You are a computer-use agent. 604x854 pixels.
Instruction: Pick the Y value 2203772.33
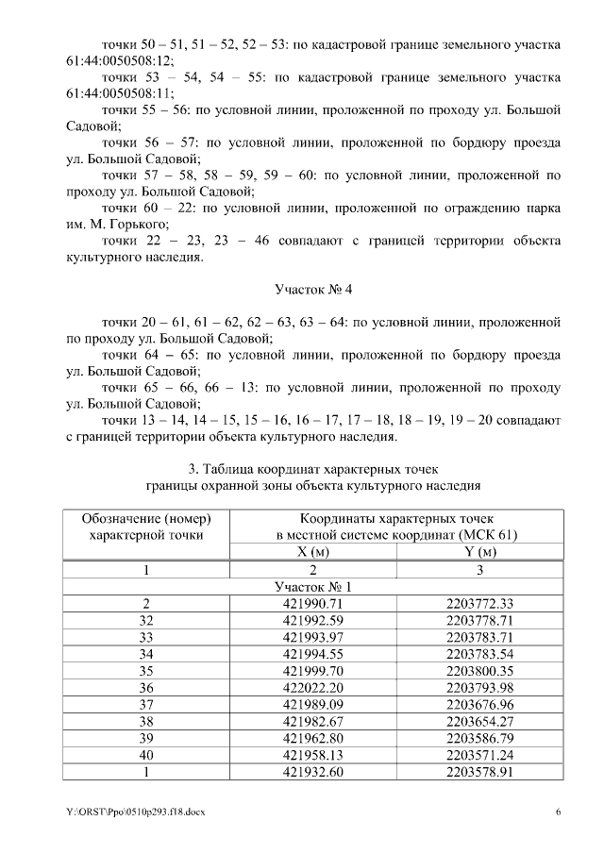pos(479,603)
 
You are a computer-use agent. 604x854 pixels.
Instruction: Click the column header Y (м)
pos(479,552)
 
